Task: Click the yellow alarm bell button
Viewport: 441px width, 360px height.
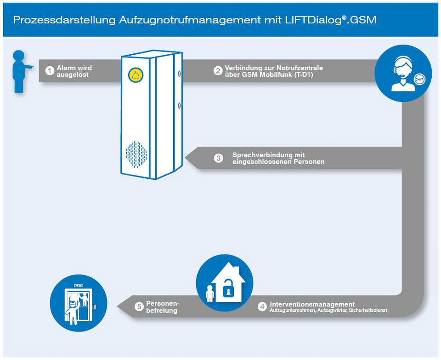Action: coord(136,75)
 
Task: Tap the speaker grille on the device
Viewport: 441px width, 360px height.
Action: coord(136,154)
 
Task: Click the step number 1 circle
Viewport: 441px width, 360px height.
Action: coord(50,71)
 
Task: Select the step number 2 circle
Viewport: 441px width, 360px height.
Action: coord(218,71)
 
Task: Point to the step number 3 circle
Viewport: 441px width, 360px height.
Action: coord(219,158)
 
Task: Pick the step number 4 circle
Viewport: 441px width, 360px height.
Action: coord(262,307)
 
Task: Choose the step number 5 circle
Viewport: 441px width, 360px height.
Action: coord(139,307)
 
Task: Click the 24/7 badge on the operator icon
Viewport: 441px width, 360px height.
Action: coord(419,80)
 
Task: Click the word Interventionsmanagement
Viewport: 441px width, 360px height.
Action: coord(312,304)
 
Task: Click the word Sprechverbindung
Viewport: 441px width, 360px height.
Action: coord(263,155)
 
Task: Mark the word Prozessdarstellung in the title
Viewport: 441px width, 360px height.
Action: coord(64,20)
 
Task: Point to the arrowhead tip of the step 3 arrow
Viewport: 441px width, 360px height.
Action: coord(185,158)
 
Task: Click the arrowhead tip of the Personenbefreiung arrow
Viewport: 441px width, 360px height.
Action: coord(117,307)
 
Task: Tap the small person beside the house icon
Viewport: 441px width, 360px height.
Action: coord(210,294)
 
